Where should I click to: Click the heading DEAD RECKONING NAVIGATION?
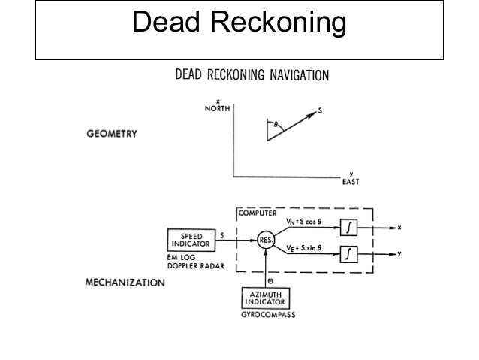[251, 76]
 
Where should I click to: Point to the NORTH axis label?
[218, 108]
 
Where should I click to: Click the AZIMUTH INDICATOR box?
[267, 297]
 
